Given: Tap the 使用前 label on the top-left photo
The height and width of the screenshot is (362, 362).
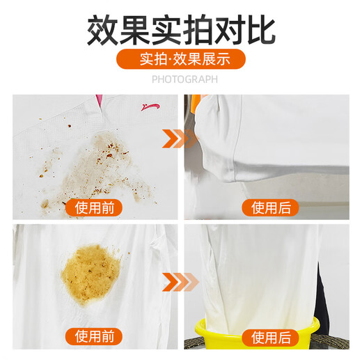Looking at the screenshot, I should pos(94,207).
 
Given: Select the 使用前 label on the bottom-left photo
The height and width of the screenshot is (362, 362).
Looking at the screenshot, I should pos(94,339).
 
